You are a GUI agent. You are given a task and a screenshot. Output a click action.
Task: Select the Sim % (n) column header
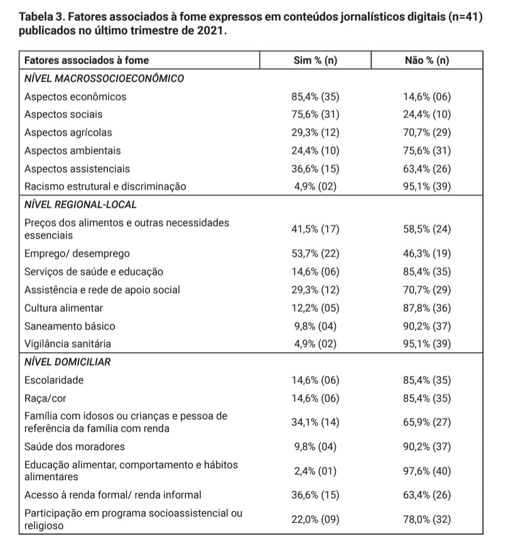[315, 61]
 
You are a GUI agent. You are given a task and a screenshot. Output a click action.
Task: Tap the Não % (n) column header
[427, 61]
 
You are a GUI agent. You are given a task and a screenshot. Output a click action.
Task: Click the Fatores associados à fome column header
[87, 61]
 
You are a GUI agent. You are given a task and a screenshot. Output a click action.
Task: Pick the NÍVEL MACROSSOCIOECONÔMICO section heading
[104, 79]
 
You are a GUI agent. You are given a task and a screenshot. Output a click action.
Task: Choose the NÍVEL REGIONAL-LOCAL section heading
[80, 205]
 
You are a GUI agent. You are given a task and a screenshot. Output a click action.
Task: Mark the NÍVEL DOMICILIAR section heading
[68, 362]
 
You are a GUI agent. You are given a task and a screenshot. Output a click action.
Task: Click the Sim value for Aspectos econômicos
[315, 97]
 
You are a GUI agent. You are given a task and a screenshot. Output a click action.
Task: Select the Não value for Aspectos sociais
[427, 115]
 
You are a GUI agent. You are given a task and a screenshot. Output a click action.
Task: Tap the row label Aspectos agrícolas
[68, 132]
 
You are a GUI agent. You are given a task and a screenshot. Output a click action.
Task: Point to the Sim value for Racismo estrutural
[315, 186]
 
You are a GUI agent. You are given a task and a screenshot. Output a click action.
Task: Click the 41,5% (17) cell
[315, 229]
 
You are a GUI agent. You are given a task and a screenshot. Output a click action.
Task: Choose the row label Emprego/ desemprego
[77, 254]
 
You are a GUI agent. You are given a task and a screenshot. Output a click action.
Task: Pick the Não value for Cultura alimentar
[427, 308]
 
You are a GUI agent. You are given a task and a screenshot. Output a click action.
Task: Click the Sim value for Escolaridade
[315, 380]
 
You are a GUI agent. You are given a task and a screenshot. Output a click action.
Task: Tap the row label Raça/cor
[45, 398]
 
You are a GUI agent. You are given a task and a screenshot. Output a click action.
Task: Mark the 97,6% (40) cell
[427, 471]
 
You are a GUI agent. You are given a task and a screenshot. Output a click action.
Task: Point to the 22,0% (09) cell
[315, 519]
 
